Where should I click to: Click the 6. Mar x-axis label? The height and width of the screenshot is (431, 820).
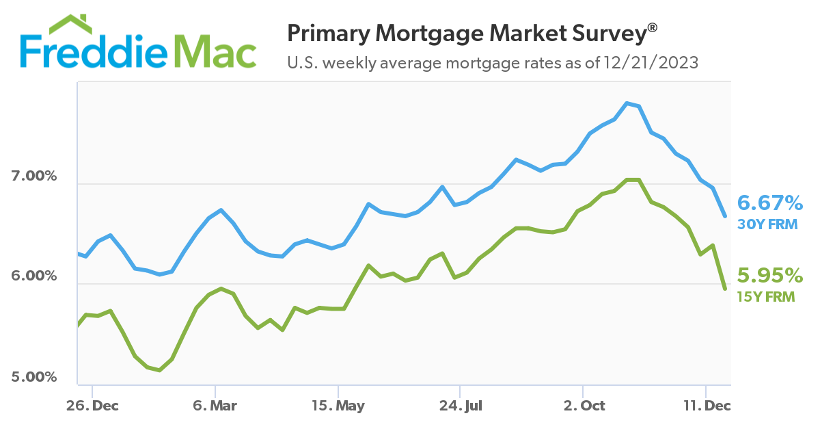[215, 406]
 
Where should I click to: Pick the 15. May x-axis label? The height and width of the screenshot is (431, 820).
[338, 406]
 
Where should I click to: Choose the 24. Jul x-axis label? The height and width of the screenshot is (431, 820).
[460, 406]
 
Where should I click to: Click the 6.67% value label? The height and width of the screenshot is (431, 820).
[770, 203]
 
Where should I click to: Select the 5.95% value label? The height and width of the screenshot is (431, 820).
[770, 276]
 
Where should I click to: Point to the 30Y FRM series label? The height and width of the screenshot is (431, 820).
[767, 224]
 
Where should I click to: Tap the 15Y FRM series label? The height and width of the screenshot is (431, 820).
[767, 296]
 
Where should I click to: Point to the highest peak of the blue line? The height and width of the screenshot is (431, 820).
[627, 103]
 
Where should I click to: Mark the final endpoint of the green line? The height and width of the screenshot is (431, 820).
[725, 289]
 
